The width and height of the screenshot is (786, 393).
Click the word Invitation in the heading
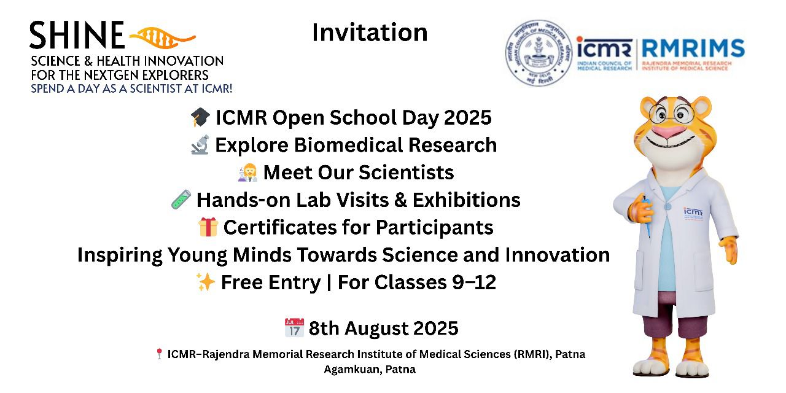click(x=370, y=33)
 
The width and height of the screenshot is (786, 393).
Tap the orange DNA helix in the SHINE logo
click(x=161, y=37)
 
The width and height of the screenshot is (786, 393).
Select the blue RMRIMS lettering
click(x=693, y=49)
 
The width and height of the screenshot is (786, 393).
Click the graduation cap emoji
click(x=200, y=117)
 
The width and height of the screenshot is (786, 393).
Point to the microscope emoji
click(x=200, y=145)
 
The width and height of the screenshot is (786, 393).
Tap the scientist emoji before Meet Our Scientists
click(x=247, y=173)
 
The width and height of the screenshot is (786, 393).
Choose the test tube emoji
click(x=181, y=200)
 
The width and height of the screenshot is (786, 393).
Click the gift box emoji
click(x=208, y=227)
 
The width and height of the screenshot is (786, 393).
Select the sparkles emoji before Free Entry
click(x=205, y=282)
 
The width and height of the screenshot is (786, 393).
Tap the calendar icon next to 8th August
click(x=294, y=328)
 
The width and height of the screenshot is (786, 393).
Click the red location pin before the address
click(x=159, y=354)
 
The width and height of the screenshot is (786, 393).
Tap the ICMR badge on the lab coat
click(x=692, y=211)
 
